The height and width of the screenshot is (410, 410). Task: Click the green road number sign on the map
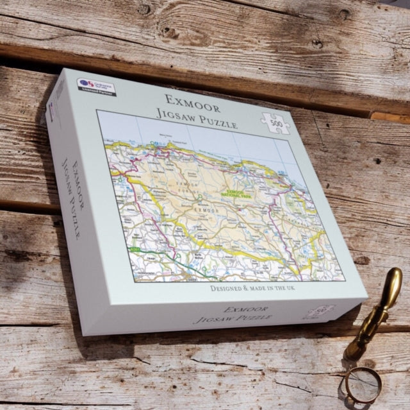click(x=135, y=248)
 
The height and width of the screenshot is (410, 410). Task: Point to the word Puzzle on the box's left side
click(x=73, y=224)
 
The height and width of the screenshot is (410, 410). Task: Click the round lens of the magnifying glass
click(x=363, y=384)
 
